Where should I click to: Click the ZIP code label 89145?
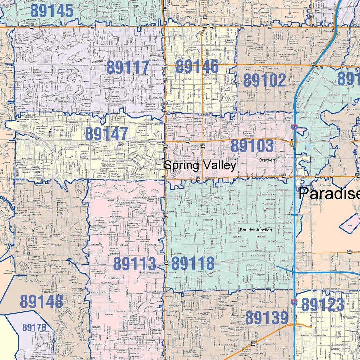click(x=52, y=11)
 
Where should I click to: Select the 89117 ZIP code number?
click(x=128, y=68)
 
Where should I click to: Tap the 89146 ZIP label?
click(x=197, y=67)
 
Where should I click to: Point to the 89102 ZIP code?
click(x=265, y=80)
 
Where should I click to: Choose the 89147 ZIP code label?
click(x=107, y=134)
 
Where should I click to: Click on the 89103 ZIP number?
click(x=252, y=146)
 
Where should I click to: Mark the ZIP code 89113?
click(x=135, y=264)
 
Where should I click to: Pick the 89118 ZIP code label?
click(x=193, y=264)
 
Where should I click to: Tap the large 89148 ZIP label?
click(x=41, y=301)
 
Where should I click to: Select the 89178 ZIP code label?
click(x=34, y=327)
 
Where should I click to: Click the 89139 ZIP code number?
click(x=267, y=318)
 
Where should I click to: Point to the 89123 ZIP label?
click(x=323, y=305)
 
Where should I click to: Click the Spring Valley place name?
click(x=200, y=165)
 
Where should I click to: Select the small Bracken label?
click(x=267, y=160)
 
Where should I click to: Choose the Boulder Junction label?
click(x=256, y=230)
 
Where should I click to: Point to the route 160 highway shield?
click(x=253, y=344)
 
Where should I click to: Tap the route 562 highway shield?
click(x=349, y=252)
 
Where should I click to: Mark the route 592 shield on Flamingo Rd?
click(x=188, y=141)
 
